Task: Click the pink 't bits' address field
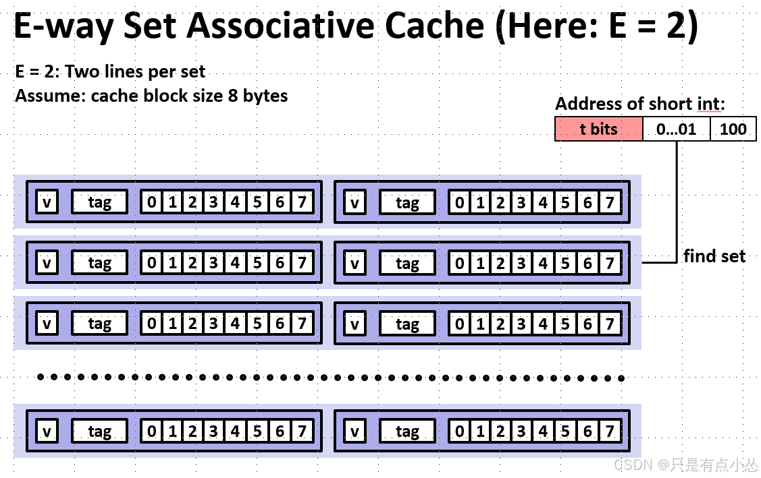click(598, 129)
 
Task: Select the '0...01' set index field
click(676, 129)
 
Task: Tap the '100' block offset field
click(733, 129)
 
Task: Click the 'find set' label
click(714, 256)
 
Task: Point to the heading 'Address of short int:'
click(639, 104)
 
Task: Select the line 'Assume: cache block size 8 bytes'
click(151, 96)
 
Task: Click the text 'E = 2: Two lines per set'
click(110, 71)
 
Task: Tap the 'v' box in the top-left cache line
click(47, 202)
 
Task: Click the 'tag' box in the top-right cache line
click(407, 202)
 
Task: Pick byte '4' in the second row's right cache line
click(543, 263)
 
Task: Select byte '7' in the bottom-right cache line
click(609, 431)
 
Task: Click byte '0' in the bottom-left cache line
click(151, 431)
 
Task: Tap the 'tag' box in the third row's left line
click(99, 324)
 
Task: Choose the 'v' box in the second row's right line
click(355, 263)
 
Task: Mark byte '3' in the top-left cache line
click(213, 202)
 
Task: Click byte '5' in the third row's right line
click(565, 324)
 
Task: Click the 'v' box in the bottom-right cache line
click(355, 431)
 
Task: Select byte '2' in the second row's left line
click(192, 263)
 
